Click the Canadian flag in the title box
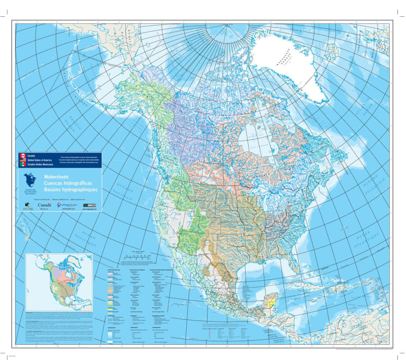point(22,155)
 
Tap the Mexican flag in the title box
point(22,165)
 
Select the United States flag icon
point(22,160)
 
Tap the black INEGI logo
point(92,205)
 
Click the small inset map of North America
point(59,282)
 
